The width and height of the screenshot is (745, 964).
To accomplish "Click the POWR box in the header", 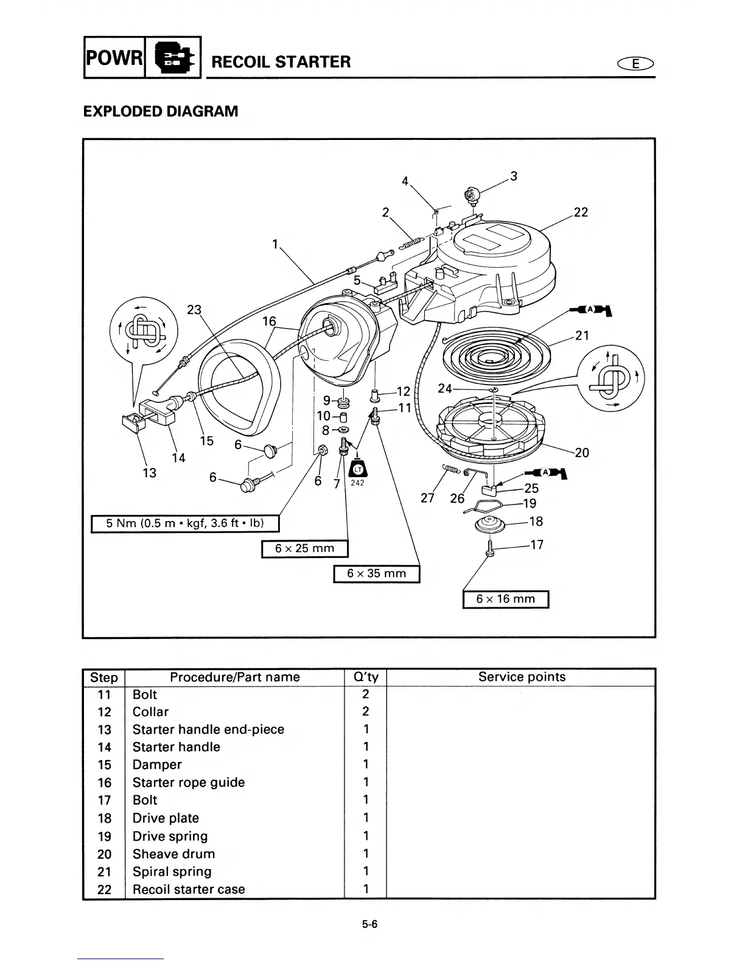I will [x=114, y=58].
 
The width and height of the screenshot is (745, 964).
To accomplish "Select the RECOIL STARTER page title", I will [x=281, y=61].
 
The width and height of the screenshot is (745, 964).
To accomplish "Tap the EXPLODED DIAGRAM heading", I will [x=161, y=111].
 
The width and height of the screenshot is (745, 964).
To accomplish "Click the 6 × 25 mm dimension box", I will [x=304, y=548].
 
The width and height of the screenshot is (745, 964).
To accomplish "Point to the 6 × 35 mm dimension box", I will [x=376, y=573].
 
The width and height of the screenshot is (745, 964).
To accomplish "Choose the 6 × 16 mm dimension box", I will [x=505, y=599].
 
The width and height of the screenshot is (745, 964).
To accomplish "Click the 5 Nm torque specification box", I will [x=184, y=523].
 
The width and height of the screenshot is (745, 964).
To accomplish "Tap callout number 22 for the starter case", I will [x=581, y=212].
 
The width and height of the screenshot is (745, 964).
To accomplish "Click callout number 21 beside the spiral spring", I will [x=582, y=335].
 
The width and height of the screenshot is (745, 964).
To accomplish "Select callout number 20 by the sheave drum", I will [x=582, y=452].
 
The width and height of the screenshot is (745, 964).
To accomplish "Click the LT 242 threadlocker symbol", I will [x=357, y=471].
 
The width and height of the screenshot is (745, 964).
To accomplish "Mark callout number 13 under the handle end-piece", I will [x=149, y=473].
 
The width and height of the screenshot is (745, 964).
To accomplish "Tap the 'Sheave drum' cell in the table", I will [x=173, y=854].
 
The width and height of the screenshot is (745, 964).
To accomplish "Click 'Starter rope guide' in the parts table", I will [x=189, y=783].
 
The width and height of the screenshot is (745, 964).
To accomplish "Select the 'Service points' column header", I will [x=522, y=677].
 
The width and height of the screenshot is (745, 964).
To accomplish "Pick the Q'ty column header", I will [x=365, y=677].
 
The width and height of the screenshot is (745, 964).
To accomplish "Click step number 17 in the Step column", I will [x=104, y=800].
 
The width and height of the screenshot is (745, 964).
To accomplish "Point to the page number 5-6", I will [x=369, y=924].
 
